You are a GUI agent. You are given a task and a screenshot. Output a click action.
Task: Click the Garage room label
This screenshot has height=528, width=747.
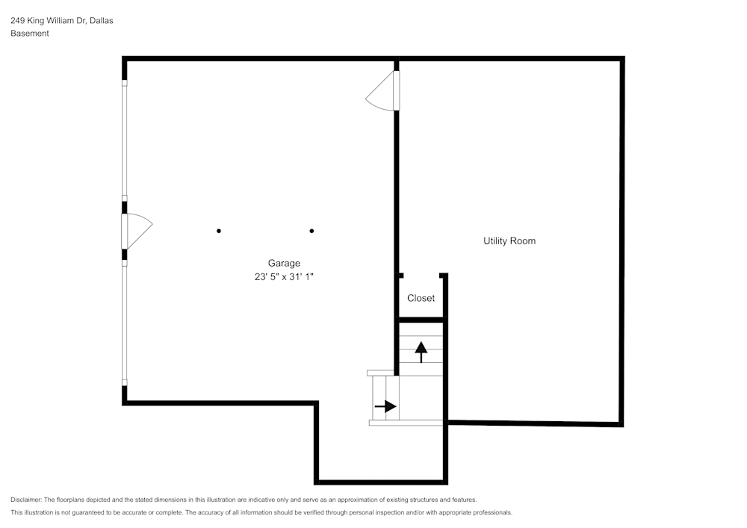tap(284, 264)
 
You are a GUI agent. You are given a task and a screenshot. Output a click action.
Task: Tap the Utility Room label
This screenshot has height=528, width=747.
tap(509, 241)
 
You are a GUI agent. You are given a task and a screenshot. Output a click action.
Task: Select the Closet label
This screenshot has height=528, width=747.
tap(421, 298)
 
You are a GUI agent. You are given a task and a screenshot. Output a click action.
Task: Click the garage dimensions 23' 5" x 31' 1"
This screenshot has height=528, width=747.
tap(284, 276)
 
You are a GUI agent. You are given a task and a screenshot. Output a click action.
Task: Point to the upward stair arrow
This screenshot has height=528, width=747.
tap(421, 352)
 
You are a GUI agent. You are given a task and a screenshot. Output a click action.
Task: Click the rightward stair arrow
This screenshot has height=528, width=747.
tap(385, 406)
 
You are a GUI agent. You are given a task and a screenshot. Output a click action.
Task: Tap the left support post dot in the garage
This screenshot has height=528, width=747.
tap(219, 231)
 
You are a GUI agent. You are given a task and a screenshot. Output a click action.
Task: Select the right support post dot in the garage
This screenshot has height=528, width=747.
tap(311, 231)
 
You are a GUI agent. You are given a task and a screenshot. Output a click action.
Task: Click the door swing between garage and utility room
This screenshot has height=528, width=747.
tap(381, 91)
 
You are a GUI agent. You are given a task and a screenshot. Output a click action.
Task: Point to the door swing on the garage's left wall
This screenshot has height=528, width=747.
tap(138, 232)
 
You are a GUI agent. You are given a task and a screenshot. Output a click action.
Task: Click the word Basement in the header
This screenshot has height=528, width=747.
tap(30, 34)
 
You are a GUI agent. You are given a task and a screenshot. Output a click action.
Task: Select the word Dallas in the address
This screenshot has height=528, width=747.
tap(101, 20)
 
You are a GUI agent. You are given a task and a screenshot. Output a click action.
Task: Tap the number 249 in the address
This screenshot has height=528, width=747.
tap(17, 20)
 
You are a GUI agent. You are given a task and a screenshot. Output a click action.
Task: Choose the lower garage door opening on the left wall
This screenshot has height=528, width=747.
tap(124, 323)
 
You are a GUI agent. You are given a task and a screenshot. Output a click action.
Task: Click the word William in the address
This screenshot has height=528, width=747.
tap(60, 20)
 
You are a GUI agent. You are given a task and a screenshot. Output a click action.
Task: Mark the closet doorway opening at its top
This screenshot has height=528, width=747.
tap(421, 275)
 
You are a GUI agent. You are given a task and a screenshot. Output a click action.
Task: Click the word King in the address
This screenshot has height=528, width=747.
tap(35, 20)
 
